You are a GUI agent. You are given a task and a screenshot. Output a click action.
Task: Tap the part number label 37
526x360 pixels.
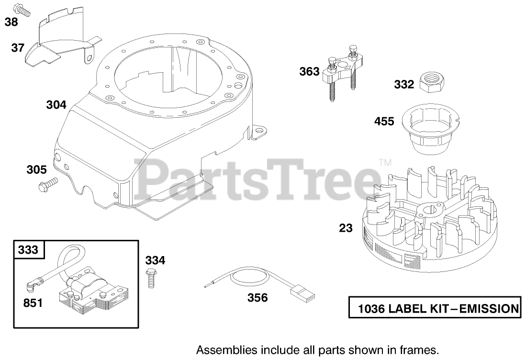18,47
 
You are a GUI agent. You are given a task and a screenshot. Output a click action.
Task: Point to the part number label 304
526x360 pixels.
56,104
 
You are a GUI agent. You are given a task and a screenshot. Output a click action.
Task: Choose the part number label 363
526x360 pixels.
309,72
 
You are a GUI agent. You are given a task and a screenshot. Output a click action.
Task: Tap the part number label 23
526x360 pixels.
346,228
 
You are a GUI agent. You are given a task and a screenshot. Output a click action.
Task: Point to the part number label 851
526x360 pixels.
33,303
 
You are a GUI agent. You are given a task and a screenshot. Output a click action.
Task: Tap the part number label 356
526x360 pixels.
257,298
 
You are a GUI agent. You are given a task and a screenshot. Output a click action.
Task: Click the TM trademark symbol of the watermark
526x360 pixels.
384,162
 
